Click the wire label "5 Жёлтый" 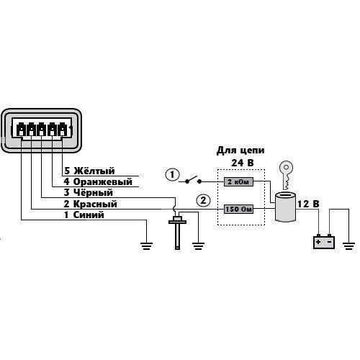pos(89,171)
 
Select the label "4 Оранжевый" pos(98,181)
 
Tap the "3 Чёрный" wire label pos(88,192)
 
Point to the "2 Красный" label pos(90,204)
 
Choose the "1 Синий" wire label pos(84,215)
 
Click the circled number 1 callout pos(172,175)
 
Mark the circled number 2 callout pos(203,200)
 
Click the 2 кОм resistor pos(238,182)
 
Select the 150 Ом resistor pos(238,210)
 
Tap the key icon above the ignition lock pos(287,174)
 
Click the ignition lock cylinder pos(285,207)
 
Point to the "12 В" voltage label pos(308,204)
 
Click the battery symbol pos(324,241)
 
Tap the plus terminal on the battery pos(318,242)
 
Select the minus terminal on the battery pos(330,242)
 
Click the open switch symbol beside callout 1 pos(193,181)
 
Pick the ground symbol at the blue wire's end pos(146,246)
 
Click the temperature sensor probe pos(177,233)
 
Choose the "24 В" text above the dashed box pos(243,163)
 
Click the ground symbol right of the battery pos(348,246)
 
